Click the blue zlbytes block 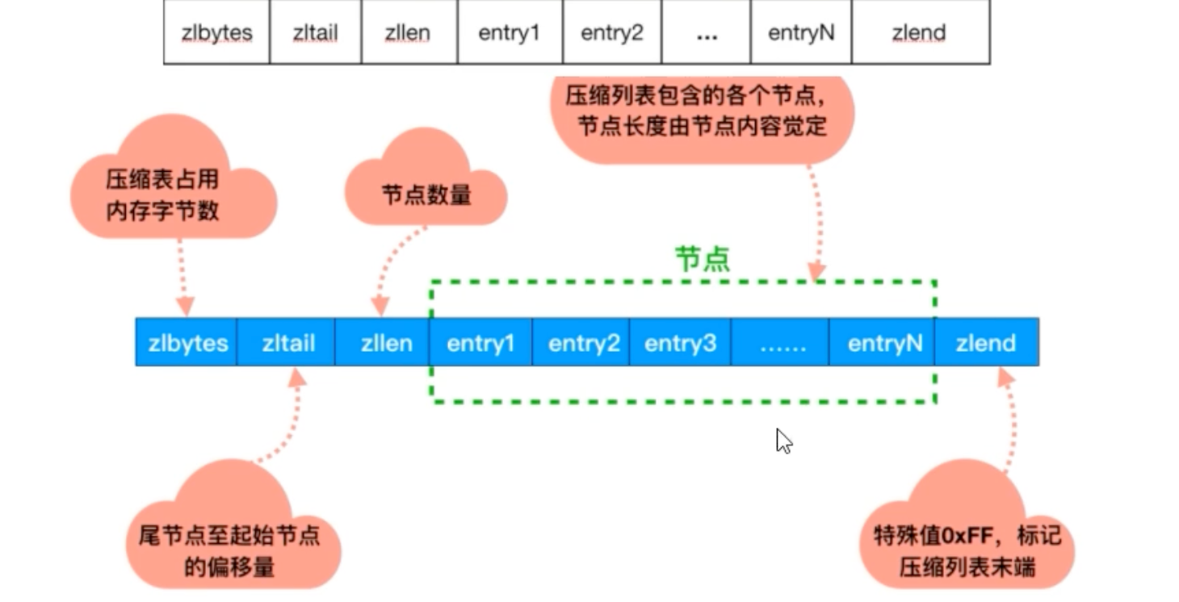[187, 343]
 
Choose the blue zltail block [287, 343]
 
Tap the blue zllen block [385, 343]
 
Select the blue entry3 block [679, 343]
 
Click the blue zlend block [985, 343]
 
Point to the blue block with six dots [782, 343]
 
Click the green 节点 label [702, 259]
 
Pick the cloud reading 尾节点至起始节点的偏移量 [231, 541]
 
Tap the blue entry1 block [480, 343]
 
